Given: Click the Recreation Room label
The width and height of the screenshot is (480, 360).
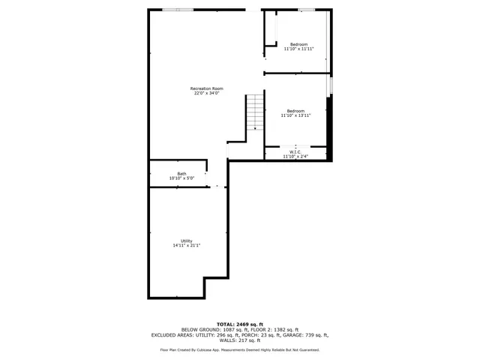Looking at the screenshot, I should point(207,88).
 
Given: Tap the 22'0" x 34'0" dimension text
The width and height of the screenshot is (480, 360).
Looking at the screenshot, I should point(207,94).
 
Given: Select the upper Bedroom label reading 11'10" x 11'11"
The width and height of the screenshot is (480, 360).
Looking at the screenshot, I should point(298,49).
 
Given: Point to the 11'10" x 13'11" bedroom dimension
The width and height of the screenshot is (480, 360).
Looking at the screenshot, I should point(295,115).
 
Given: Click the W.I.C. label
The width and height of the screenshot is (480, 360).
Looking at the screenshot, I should point(295,152).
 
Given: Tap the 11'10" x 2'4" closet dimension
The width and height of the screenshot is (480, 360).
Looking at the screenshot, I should point(295,157).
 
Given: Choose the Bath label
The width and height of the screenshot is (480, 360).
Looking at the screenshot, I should point(181,173).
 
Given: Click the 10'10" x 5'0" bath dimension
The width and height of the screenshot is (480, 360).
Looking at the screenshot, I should point(181,178).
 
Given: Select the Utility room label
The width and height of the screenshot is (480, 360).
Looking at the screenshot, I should point(187,241).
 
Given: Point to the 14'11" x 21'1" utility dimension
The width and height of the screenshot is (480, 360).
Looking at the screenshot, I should point(187,245).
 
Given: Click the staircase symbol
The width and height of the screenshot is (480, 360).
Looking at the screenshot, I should point(256,112).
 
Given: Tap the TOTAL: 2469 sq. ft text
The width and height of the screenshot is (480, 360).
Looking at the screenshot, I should point(239,323).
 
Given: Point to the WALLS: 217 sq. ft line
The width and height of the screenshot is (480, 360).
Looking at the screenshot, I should point(239,340).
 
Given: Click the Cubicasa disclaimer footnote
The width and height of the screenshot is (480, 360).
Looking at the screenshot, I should point(239,349).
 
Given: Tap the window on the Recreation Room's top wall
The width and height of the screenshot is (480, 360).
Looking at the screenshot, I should point(178,9).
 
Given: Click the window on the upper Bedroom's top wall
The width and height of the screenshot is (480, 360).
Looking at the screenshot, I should point(306,9).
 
